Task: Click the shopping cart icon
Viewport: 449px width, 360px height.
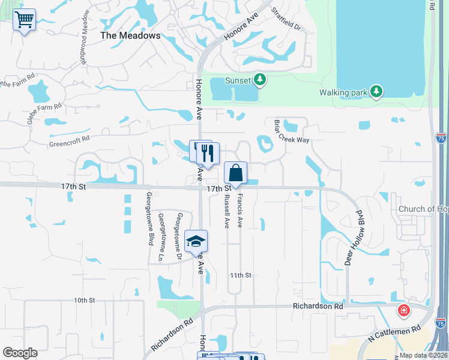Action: click(x=24, y=20)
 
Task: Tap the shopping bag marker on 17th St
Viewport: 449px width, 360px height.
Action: click(x=236, y=173)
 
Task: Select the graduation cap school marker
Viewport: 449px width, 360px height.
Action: click(x=196, y=241)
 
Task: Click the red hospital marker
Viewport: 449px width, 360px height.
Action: click(x=405, y=311)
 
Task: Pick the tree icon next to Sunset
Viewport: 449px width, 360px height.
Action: click(x=260, y=79)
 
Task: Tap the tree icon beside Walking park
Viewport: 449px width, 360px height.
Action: click(x=376, y=91)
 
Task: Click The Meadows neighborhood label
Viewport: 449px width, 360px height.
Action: click(x=130, y=35)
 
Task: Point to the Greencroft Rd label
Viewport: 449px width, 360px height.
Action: click(x=69, y=138)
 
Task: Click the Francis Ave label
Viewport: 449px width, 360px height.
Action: click(x=240, y=209)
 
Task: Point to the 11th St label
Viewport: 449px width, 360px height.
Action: click(x=240, y=275)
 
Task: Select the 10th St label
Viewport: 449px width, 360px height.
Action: click(x=85, y=300)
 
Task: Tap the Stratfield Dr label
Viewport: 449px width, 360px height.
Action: click(x=285, y=20)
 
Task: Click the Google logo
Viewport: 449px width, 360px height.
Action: click(x=20, y=353)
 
